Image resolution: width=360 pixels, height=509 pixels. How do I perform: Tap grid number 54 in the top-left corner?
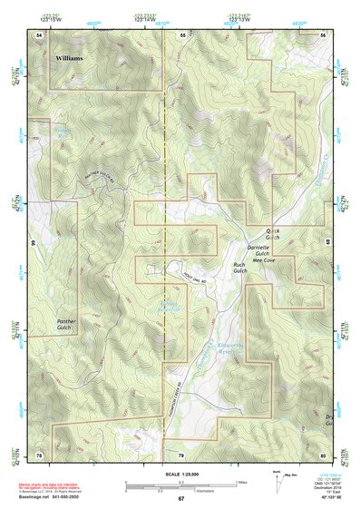coord(39,34)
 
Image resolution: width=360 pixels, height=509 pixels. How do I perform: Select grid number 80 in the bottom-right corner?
coord(322,454)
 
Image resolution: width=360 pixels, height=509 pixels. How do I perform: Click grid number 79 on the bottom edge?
coord(180,454)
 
